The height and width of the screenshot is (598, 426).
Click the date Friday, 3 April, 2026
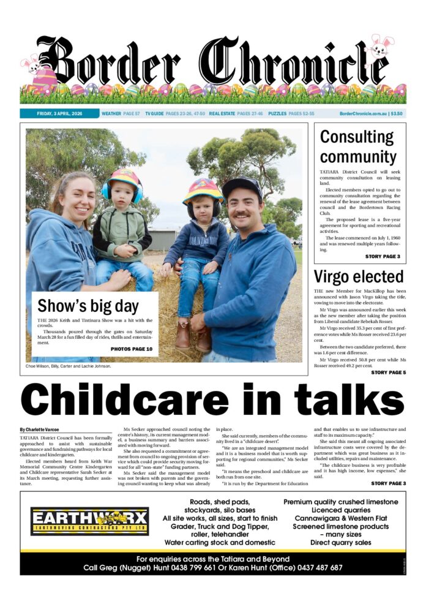[x=59, y=113]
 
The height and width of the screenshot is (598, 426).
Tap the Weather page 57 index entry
[x=121, y=113]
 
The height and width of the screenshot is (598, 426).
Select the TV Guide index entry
[x=174, y=113]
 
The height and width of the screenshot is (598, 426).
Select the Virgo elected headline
[x=358, y=276]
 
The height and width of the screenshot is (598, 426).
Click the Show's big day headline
[x=88, y=306]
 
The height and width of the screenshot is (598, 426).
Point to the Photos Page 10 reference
[x=132, y=349]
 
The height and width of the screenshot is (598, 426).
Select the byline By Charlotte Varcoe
[x=40, y=430]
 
